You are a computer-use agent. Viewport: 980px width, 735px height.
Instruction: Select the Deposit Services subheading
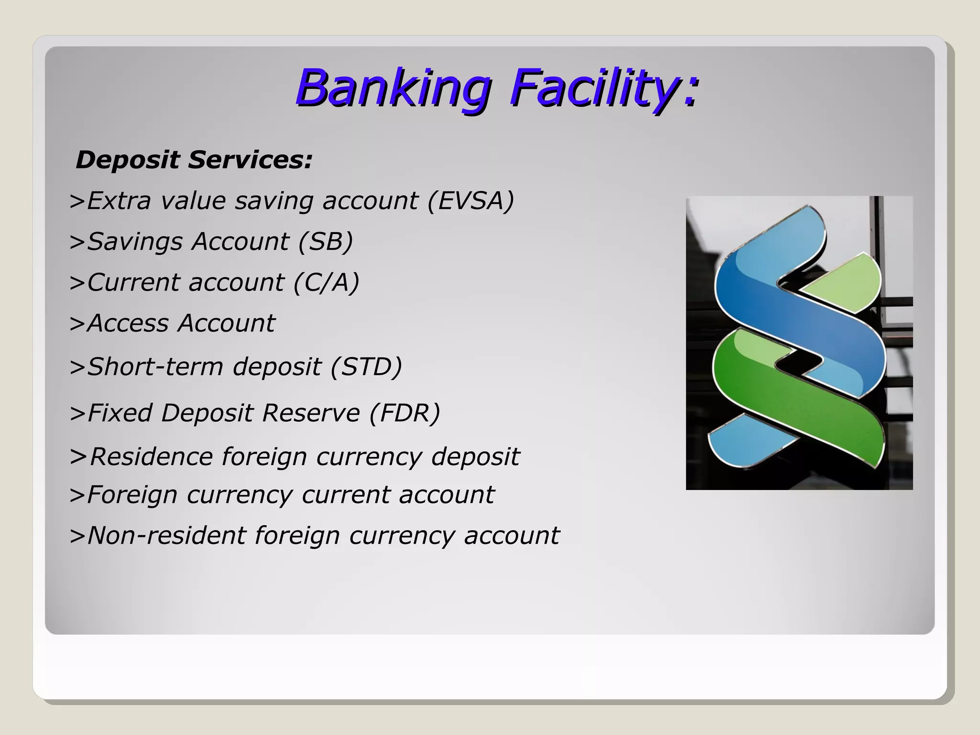click(x=194, y=160)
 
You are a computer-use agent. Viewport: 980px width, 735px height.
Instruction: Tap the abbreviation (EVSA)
click(x=470, y=200)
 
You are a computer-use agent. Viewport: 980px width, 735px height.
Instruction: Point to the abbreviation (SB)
click(x=325, y=241)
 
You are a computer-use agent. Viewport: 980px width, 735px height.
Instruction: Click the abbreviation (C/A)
click(x=326, y=282)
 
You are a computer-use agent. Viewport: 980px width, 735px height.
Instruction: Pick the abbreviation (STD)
click(x=366, y=367)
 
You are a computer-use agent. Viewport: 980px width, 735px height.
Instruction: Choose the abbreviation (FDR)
click(x=404, y=413)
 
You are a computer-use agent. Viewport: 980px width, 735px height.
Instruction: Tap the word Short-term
click(x=155, y=367)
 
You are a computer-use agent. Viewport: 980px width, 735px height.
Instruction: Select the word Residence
click(x=151, y=457)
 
